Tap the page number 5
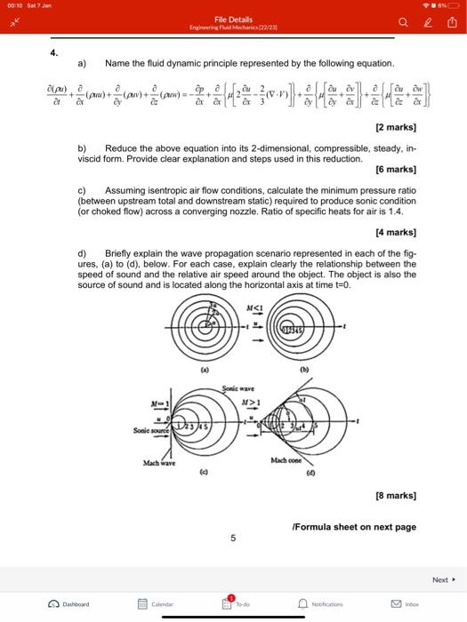coord(232,538)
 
